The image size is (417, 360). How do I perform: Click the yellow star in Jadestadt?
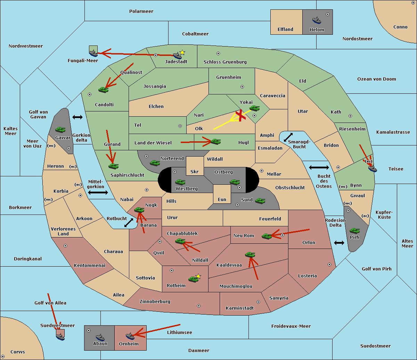point(182,52)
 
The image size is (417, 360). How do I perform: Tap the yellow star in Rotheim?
point(198,276)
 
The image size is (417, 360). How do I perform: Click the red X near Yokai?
point(240,115)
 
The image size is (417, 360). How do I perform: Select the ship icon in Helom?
point(317,20)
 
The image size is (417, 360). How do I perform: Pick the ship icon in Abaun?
point(100,337)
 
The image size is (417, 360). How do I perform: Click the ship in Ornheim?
point(130,336)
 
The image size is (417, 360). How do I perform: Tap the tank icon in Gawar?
point(60,130)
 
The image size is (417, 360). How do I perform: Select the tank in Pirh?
point(355,231)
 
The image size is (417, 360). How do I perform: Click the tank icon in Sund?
point(260,201)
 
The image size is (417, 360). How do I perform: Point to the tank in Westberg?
point(180,182)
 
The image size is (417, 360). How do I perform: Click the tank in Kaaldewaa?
point(250,254)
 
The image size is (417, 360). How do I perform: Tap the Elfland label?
point(285,30)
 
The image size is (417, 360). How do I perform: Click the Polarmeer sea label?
point(141,11)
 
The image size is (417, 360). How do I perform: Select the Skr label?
point(195,171)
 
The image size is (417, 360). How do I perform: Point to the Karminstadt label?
point(240,308)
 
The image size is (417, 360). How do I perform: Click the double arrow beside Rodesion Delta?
point(339,243)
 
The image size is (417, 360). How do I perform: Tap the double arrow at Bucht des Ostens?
point(319,168)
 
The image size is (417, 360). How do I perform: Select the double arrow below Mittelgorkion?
point(98,193)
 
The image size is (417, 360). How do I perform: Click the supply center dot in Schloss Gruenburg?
point(218,53)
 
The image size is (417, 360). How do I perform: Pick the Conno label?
point(400,27)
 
